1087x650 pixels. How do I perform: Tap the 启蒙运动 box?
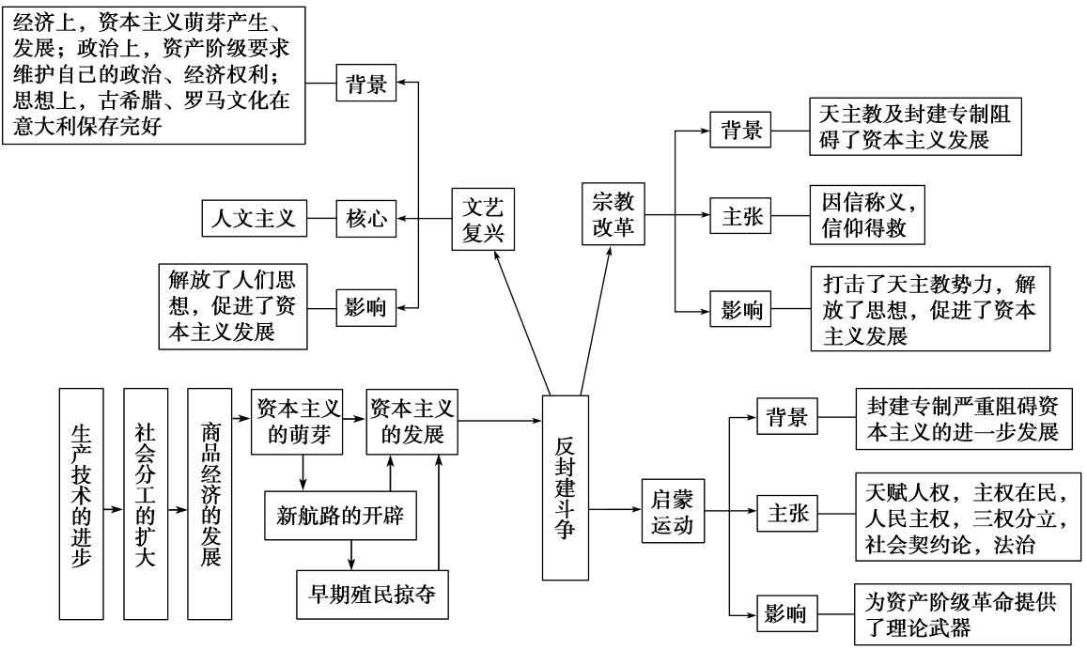[672, 511]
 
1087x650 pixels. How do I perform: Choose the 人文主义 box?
[249, 221]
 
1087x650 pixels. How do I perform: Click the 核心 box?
[365, 221]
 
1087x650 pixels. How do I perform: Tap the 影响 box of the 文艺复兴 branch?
[365, 307]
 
